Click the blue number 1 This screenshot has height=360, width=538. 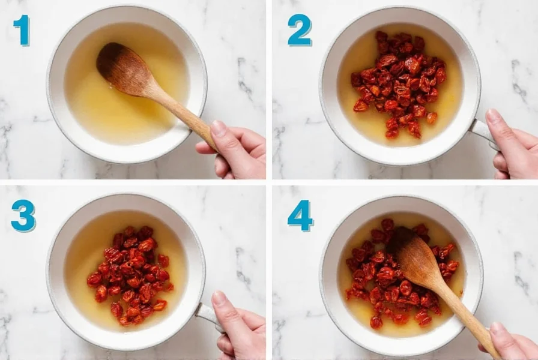22,30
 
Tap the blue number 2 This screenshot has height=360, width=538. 300,31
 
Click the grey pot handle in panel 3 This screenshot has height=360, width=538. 207,313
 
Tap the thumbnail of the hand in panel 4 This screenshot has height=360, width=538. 498,328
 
